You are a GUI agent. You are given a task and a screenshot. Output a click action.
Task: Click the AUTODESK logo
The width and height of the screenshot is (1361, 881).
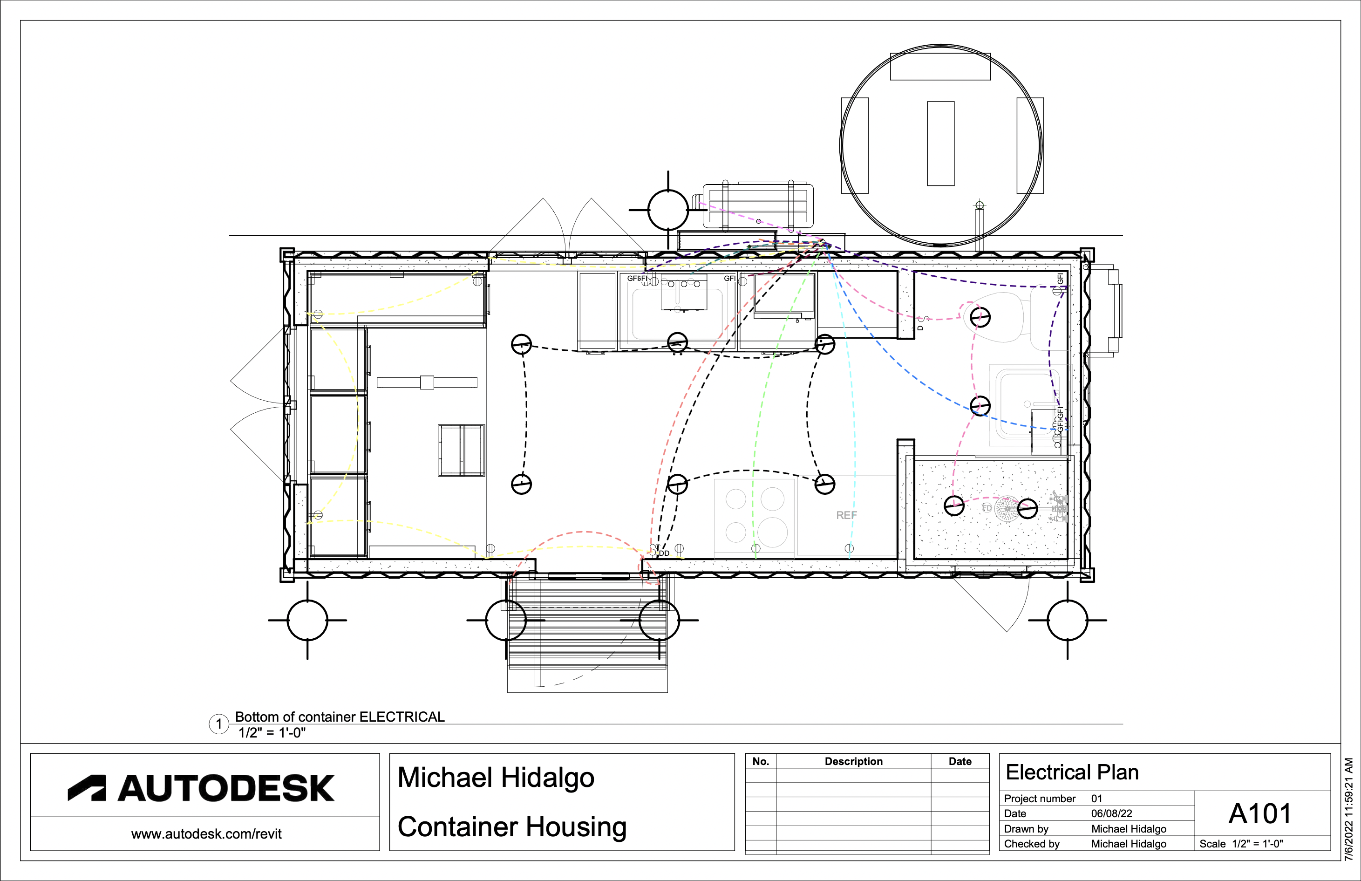coord(201,788)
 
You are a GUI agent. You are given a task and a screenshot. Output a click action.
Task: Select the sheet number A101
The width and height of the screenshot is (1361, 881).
coord(1260,813)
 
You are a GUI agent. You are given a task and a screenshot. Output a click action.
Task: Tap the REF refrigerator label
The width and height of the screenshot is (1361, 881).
coord(846,515)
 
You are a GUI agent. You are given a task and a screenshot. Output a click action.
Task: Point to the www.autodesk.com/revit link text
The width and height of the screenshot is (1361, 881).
coord(206,834)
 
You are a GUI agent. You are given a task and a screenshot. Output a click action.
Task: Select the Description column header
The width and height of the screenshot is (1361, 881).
coord(853,761)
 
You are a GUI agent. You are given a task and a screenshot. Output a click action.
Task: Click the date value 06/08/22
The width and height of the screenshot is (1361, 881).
coord(1111,813)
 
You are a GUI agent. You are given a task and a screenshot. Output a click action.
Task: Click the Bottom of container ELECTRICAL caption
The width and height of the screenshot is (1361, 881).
coord(340,717)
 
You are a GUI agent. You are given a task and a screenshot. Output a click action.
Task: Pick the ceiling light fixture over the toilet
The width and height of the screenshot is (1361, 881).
coord(980,317)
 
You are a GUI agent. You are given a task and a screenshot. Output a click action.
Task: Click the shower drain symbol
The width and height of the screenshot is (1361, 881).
coord(1006,508)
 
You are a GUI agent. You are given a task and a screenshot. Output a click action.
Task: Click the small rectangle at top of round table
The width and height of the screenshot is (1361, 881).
coord(940,66)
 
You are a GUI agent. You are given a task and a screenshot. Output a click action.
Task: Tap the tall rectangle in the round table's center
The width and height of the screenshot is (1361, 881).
coord(941,143)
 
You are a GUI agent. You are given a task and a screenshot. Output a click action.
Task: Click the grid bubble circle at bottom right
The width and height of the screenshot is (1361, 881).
coord(1067,620)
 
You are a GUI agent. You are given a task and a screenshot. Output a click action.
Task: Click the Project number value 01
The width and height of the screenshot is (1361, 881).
coord(1096,799)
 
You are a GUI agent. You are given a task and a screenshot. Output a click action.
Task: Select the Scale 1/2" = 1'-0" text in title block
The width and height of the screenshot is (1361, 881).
coord(1241,844)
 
